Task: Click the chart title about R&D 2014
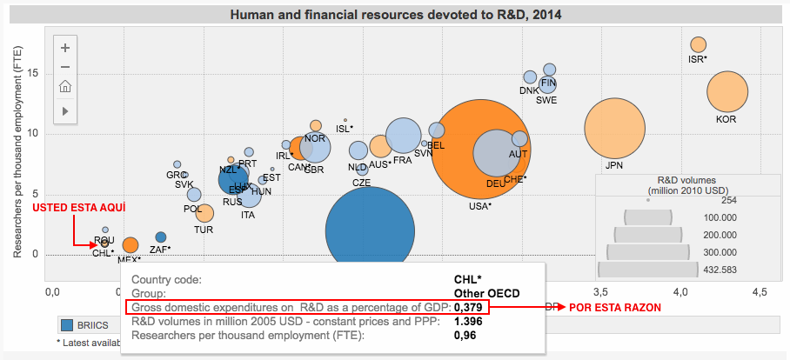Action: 395,16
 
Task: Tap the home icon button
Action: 65,87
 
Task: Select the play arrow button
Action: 65,110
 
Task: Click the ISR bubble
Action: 698,44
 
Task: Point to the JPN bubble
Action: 615,130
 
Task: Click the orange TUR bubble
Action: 205,212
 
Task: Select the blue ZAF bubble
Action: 161,237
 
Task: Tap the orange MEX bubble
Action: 130,245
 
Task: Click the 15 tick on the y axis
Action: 32,73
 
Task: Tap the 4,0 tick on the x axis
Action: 681,289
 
